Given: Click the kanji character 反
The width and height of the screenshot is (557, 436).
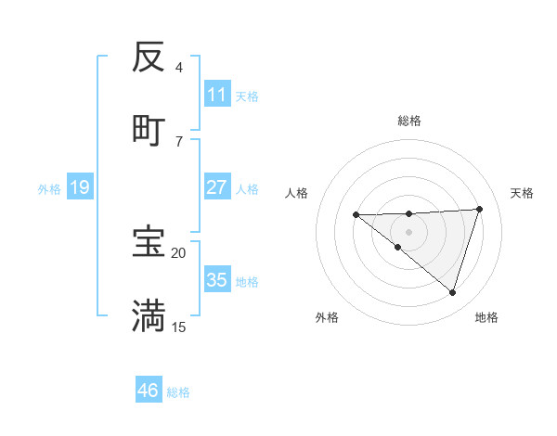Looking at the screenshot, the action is tap(149, 58).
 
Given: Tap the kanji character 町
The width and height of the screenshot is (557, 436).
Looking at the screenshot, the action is tap(149, 129).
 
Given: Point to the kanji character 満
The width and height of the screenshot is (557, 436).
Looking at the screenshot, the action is tap(149, 315).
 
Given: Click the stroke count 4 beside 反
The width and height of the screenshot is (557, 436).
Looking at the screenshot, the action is tap(179, 68).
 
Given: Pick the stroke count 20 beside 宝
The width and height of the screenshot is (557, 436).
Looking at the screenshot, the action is tap(179, 252).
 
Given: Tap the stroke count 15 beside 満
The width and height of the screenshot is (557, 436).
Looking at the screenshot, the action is tap(179, 327).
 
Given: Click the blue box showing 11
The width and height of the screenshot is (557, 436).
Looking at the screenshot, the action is tap(217, 95).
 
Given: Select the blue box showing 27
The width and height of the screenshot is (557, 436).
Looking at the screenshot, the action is tap(217, 187).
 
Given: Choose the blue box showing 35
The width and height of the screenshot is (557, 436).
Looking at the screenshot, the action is tap(217, 280).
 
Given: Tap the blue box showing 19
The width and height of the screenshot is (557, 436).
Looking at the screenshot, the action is tap(80, 187).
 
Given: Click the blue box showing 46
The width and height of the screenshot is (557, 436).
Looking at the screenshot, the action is tap(149, 391).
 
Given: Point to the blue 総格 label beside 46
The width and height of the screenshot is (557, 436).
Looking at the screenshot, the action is tap(178, 392).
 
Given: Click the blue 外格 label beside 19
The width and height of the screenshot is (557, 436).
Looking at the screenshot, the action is tap(49, 189).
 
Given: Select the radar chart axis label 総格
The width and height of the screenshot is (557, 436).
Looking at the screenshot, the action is tap(409, 121).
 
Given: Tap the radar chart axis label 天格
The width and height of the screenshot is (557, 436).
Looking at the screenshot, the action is tap(523, 193).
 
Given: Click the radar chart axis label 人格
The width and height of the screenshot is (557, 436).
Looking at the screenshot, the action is tap(297, 193).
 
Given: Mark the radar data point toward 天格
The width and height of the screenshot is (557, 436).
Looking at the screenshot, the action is tap(480, 209).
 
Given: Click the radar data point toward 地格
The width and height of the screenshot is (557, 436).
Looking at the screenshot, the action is tap(453, 293).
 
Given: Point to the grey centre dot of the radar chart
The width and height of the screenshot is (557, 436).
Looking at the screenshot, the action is tap(409, 232).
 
